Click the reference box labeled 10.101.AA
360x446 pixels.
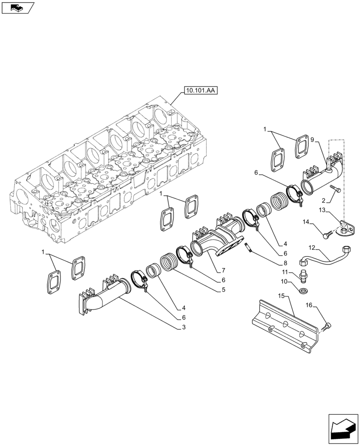coord(199,91)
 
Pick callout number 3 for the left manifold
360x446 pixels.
coord(183,328)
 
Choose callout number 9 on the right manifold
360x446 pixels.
coord(314,139)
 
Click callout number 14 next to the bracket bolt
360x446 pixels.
coord(306,221)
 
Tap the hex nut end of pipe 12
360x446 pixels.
coord(346,250)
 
